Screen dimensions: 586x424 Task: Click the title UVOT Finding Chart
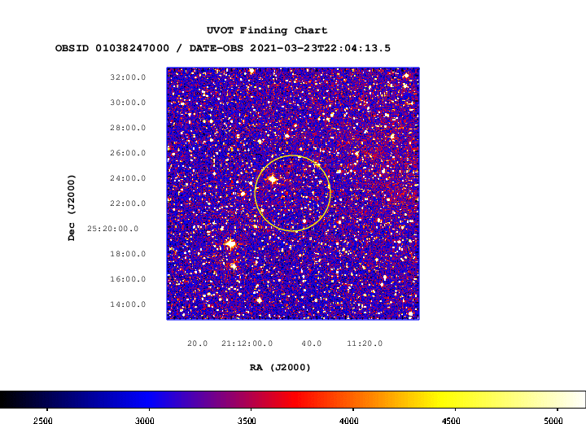pyautogui.click(x=267, y=30)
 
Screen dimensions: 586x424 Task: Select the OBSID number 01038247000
pyautogui.click(x=132, y=48)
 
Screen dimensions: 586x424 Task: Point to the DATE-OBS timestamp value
pyautogui.click(x=320, y=48)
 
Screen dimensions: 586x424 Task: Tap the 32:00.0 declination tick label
pyautogui.click(x=128, y=77)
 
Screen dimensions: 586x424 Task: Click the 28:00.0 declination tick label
pyautogui.click(x=128, y=128)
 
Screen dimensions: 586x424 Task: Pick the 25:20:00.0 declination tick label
pyautogui.click(x=113, y=229)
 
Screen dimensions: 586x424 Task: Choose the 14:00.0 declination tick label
pyautogui.click(x=128, y=304)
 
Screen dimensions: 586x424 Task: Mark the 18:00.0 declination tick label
pyautogui.click(x=128, y=254)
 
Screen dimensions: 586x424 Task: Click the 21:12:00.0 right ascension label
pyautogui.click(x=247, y=343)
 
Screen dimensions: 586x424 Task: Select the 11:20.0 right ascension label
pyautogui.click(x=365, y=343)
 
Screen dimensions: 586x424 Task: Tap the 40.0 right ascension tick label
pyautogui.click(x=312, y=343)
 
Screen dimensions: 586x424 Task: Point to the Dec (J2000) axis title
pyautogui.click(x=72, y=208)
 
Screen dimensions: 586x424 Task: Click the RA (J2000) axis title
pyautogui.click(x=280, y=368)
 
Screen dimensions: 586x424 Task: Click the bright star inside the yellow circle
pyautogui.click(x=273, y=179)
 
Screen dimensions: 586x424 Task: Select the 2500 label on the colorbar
pyautogui.click(x=43, y=420)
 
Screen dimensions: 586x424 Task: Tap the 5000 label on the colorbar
pyautogui.click(x=553, y=420)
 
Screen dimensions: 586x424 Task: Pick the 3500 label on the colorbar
pyautogui.click(x=247, y=420)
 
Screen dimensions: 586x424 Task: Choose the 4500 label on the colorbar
pyautogui.click(x=451, y=420)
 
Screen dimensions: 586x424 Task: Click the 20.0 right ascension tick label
pyautogui.click(x=197, y=343)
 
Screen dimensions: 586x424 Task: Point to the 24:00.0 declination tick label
pyautogui.click(x=128, y=178)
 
